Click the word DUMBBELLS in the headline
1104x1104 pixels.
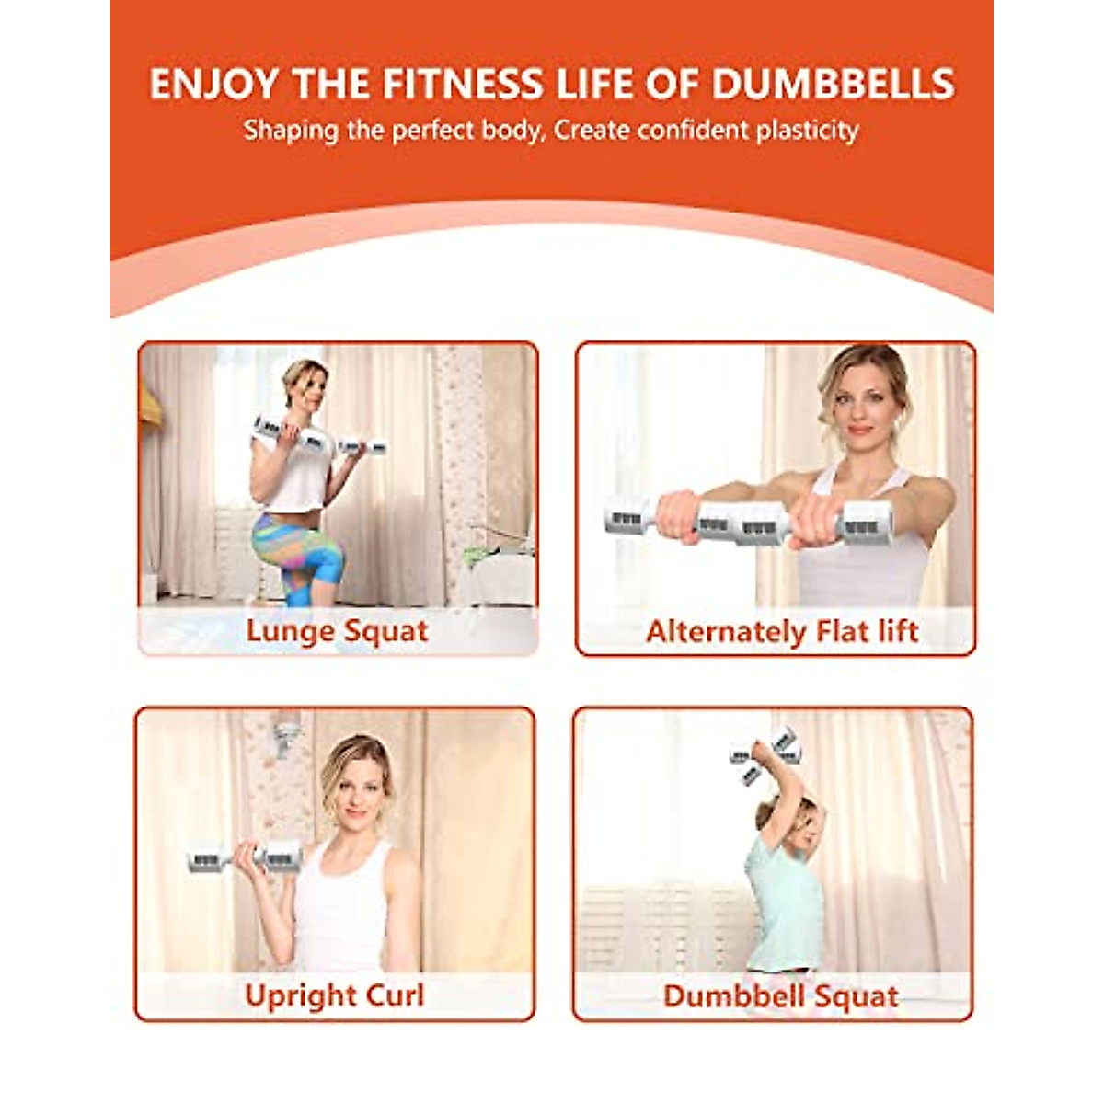(x=833, y=84)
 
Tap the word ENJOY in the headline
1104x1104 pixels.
(x=213, y=84)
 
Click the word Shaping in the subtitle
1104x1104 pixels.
(x=291, y=131)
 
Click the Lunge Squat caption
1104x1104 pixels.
(x=337, y=631)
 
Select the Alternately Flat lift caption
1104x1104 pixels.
(x=782, y=631)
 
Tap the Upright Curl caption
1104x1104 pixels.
(x=334, y=995)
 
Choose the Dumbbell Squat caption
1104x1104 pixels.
(x=780, y=996)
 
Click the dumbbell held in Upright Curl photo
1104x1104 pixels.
(x=244, y=859)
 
